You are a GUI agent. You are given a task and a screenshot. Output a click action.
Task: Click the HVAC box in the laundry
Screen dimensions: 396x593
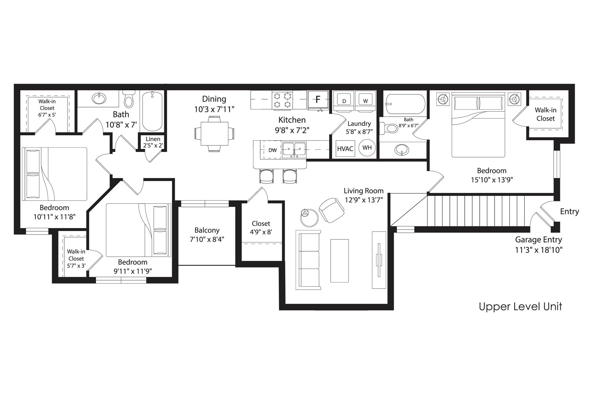tap(345, 148)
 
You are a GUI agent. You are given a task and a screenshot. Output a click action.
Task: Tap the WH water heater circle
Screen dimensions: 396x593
tap(367, 148)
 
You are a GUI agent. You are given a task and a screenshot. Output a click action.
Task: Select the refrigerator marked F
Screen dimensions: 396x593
tap(318, 100)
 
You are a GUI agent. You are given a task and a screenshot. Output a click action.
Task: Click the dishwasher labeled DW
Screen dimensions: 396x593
tap(272, 150)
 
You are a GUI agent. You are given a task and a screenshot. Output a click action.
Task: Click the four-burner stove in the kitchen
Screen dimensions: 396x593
tap(282, 100)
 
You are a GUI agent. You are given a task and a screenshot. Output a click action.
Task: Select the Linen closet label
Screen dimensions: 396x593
tap(153, 139)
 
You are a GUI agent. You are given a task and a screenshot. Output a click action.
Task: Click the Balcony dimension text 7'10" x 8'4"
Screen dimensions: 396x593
tap(207, 239)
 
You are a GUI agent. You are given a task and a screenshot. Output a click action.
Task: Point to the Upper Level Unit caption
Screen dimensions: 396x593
tap(520, 307)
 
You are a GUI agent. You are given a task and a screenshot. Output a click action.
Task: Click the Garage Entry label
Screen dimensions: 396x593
tap(538, 240)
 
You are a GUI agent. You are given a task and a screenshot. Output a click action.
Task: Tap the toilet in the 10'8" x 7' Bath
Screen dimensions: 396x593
tap(129, 99)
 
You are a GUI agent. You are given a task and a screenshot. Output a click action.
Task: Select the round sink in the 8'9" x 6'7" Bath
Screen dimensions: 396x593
tap(402, 150)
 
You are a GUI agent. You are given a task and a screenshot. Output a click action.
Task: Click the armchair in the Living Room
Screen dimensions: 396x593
tap(332, 210)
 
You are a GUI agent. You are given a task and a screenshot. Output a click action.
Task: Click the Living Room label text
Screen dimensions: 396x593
tap(363, 191)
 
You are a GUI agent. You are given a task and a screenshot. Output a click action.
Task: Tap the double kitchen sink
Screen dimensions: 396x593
tap(294, 149)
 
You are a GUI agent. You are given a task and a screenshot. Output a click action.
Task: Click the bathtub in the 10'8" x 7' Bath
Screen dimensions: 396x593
tap(152, 111)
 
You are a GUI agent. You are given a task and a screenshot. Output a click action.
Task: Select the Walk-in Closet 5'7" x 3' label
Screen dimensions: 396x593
tap(76, 258)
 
